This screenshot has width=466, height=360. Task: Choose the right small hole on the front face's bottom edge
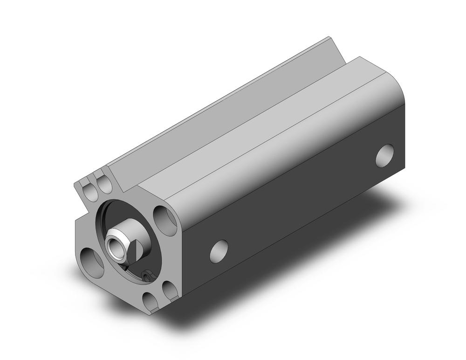pos(170,291)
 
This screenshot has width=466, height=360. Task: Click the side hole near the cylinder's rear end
pos(384,156)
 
